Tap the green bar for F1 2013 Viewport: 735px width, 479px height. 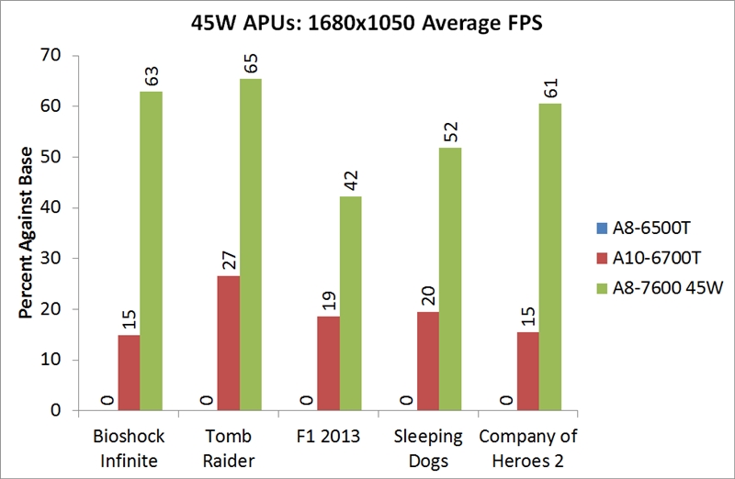click(351, 303)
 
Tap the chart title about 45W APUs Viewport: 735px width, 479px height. click(367, 22)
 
